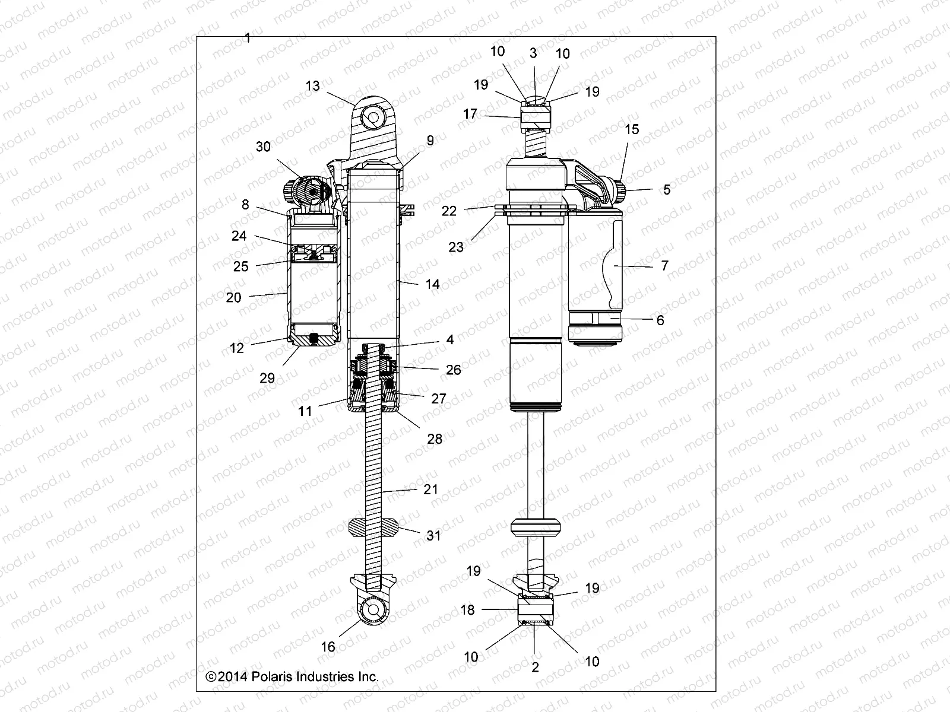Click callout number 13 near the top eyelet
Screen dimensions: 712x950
click(312, 86)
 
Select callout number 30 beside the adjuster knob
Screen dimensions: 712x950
click(263, 147)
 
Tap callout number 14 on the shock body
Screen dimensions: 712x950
click(432, 284)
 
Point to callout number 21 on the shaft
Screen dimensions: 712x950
click(430, 490)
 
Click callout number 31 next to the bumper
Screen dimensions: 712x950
click(434, 535)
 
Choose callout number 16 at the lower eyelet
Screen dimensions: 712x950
click(328, 647)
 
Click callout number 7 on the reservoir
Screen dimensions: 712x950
click(664, 265)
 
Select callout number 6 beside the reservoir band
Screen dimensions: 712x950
click(660, 320)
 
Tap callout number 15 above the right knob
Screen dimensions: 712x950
click(632, 129)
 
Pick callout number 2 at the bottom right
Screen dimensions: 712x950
click(535, 667)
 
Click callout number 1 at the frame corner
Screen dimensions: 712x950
click(248, 39)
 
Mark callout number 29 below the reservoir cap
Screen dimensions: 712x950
click(267, 378)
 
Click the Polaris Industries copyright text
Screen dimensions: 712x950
click(292, 676)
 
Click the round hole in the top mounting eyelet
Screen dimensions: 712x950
click(372, 118)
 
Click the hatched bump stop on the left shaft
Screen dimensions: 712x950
click(372, 526)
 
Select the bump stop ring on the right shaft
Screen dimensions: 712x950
click(536, 527)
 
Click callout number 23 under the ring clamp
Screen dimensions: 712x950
click(456, 247)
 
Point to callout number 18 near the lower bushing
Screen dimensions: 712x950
click(467, 609)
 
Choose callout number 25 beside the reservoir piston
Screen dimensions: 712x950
click(240, 266)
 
